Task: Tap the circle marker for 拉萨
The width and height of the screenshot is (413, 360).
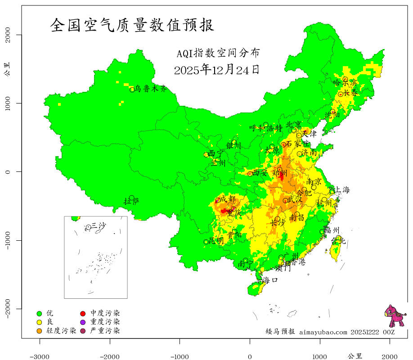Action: point(132,198)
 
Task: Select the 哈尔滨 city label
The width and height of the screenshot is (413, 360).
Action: point(345,83)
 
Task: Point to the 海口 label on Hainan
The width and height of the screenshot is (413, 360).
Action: point(270,280)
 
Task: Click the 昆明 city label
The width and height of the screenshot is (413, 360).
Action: point(216,241)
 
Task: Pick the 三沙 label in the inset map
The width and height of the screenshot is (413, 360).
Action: point(99,225)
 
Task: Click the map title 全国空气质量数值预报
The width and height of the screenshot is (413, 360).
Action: point(132,25)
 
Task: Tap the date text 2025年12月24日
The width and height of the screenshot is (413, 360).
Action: point(217,70)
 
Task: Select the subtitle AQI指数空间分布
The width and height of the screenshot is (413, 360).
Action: point(218,53)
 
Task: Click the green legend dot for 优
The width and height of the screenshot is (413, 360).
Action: point(39,313)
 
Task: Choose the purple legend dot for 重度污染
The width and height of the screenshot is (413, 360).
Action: point(83,322)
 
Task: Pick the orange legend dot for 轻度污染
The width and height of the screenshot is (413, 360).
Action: point(39,331)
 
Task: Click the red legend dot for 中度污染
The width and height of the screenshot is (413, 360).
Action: point(83,313)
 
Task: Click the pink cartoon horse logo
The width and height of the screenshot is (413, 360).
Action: point(395,316)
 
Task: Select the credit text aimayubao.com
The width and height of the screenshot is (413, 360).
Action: point(323,332)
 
